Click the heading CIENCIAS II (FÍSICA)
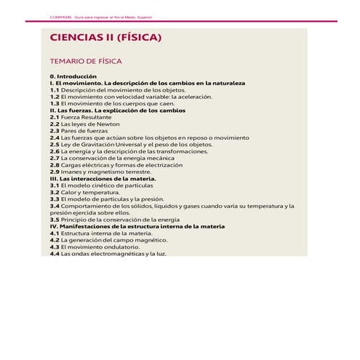[x=105, y=38]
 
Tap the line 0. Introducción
[x=73, y=76]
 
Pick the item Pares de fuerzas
[x=82, y=130]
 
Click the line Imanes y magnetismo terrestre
[x=105, y=172]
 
